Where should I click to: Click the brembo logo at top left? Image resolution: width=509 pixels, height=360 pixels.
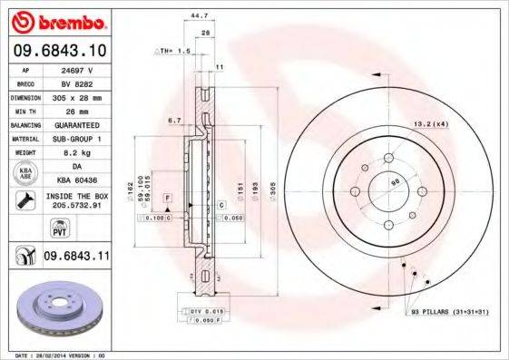click(57, 20)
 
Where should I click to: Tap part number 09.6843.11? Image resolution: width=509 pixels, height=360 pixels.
click(74, 258)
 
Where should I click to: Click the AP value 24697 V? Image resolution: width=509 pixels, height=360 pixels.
click(80, 69)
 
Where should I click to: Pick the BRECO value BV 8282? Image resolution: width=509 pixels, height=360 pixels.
click(80, 82)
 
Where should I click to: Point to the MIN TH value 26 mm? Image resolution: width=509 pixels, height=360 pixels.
click(80, 109)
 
